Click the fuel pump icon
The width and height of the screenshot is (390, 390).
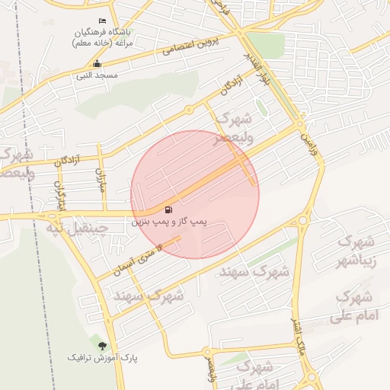coord(168,209)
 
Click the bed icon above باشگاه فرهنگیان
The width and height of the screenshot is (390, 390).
coord(103,21)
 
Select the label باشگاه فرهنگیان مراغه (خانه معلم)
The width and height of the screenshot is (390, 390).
coord(103,38)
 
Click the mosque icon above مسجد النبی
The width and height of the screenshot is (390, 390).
coord(96,64)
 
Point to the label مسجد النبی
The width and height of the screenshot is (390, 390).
coord(96,75)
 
